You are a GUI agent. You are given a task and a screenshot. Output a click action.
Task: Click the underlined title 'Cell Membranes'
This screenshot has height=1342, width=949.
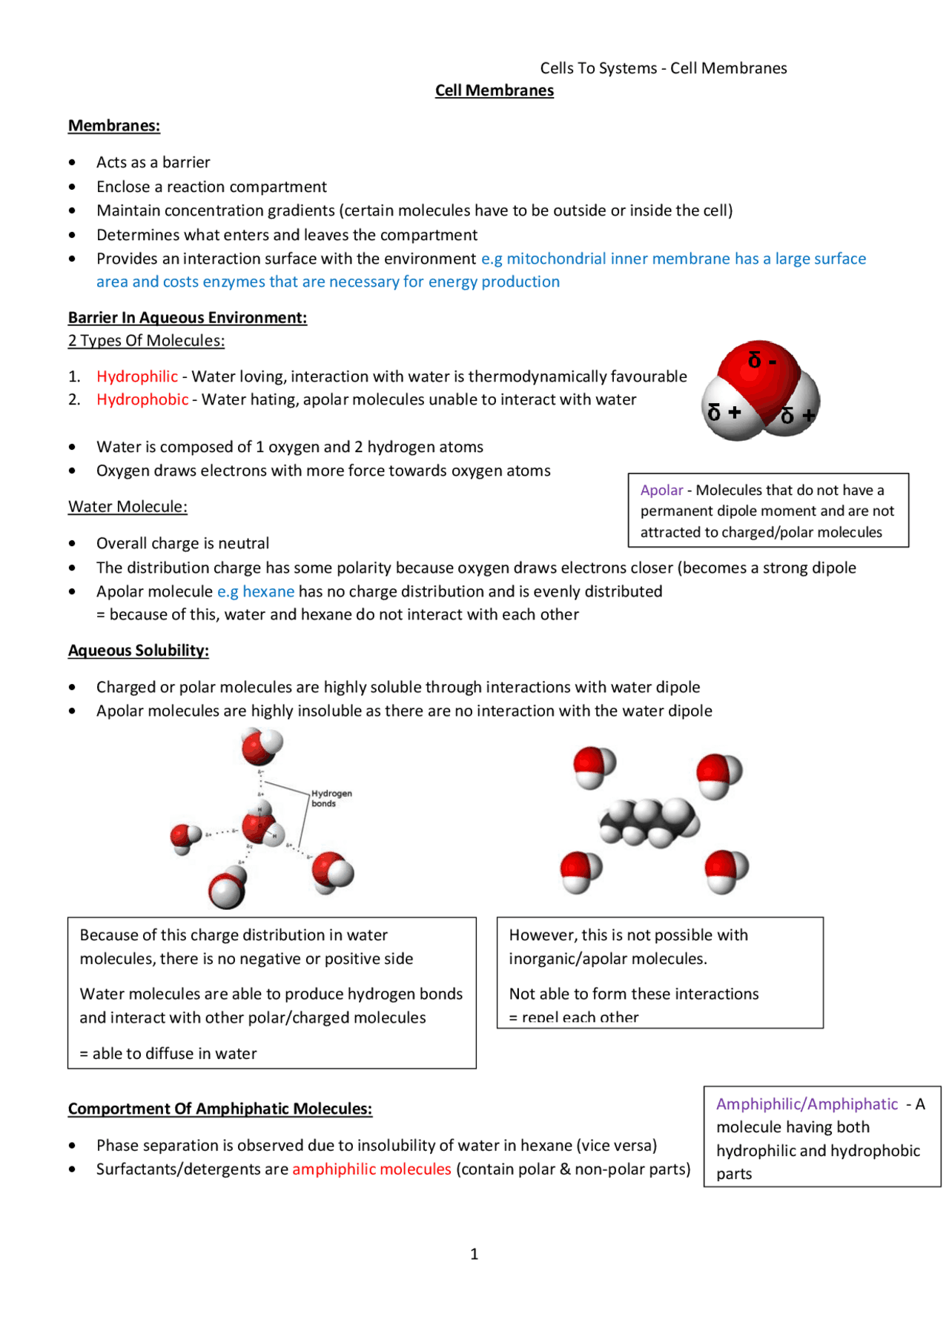point(494,90)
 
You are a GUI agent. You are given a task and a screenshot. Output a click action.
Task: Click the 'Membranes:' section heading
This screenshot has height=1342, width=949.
point(113,125)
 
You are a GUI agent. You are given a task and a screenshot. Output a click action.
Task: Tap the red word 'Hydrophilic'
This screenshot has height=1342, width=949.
point(137,376)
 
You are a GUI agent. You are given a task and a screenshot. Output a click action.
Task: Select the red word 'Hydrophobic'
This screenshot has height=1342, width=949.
point(142,399)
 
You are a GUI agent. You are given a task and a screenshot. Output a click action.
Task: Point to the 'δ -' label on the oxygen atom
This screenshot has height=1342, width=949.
point(761,361)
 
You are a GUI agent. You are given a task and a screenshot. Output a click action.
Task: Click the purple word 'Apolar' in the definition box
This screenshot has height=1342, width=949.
point(661,490)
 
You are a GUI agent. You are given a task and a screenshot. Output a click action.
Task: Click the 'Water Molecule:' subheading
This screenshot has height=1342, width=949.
point(128,507)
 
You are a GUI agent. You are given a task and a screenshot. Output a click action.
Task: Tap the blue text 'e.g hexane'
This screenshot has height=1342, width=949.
point(256,591)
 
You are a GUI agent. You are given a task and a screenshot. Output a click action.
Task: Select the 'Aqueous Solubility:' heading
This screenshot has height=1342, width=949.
point(138,651)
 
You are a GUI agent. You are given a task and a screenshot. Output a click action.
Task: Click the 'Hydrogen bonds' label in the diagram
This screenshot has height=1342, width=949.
point(331,798)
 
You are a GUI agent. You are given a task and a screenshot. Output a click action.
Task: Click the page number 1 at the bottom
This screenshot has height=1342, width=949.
point(474,1254)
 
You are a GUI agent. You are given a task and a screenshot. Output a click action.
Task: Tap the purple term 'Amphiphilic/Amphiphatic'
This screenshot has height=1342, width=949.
point(807,1104)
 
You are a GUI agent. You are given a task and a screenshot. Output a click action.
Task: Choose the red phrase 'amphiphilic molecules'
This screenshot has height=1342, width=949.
point(371,1169)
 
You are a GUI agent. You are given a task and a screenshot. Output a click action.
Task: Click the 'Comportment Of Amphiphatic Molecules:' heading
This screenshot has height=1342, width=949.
point(219,1109)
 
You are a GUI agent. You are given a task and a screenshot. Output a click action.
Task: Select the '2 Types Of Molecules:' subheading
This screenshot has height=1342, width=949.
point(146,341)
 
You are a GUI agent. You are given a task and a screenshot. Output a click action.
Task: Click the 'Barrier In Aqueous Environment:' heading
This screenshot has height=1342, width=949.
point(187,318)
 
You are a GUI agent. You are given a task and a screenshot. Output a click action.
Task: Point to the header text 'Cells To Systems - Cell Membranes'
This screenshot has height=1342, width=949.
point(663,68)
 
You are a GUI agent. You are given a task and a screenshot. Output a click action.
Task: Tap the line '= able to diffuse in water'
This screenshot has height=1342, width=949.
point(168,1054)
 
